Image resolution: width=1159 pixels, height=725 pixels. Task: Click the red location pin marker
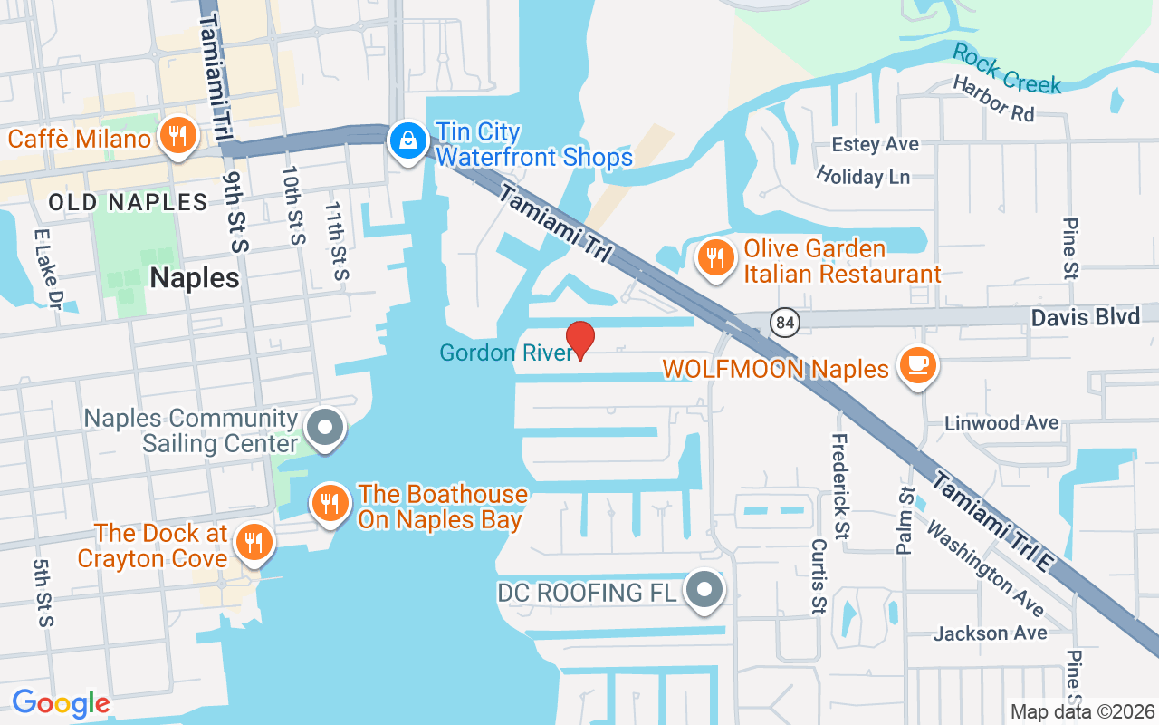[579, 340]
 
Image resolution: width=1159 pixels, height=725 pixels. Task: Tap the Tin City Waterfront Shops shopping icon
[409, 140]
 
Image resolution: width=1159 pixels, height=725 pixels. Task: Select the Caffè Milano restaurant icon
[178, 137]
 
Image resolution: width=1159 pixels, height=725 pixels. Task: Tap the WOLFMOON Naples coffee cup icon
[917, 365]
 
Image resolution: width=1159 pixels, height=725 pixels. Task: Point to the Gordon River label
[506, 353]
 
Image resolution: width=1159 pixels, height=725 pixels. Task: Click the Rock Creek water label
[1006, 69]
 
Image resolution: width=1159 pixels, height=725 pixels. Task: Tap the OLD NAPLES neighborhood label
[128, 201]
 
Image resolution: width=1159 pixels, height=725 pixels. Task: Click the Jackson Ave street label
[990, 633]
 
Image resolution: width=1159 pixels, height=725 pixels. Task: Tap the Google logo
[60, 702]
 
